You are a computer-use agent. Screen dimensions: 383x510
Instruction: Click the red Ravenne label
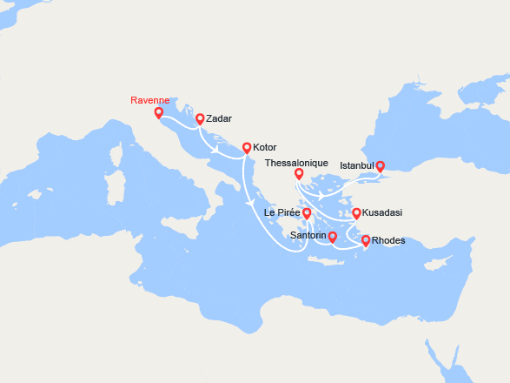click(149, 100)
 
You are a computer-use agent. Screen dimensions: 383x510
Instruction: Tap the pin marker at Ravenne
click(158, 113)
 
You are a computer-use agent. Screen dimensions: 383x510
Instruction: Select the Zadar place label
click(220, 118)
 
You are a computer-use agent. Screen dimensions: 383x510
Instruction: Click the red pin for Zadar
click(200, 119)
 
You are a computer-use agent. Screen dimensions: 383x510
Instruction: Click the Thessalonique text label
click(296, 163)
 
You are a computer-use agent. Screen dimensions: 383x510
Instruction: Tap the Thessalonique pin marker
click(298, 173)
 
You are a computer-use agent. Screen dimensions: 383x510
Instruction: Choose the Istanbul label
click(356, 165)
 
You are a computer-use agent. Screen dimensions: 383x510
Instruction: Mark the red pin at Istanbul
click(380, 165)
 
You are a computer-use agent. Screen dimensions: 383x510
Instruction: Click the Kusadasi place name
click(382, 212)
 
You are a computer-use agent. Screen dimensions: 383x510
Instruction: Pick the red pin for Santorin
click(333, 236)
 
